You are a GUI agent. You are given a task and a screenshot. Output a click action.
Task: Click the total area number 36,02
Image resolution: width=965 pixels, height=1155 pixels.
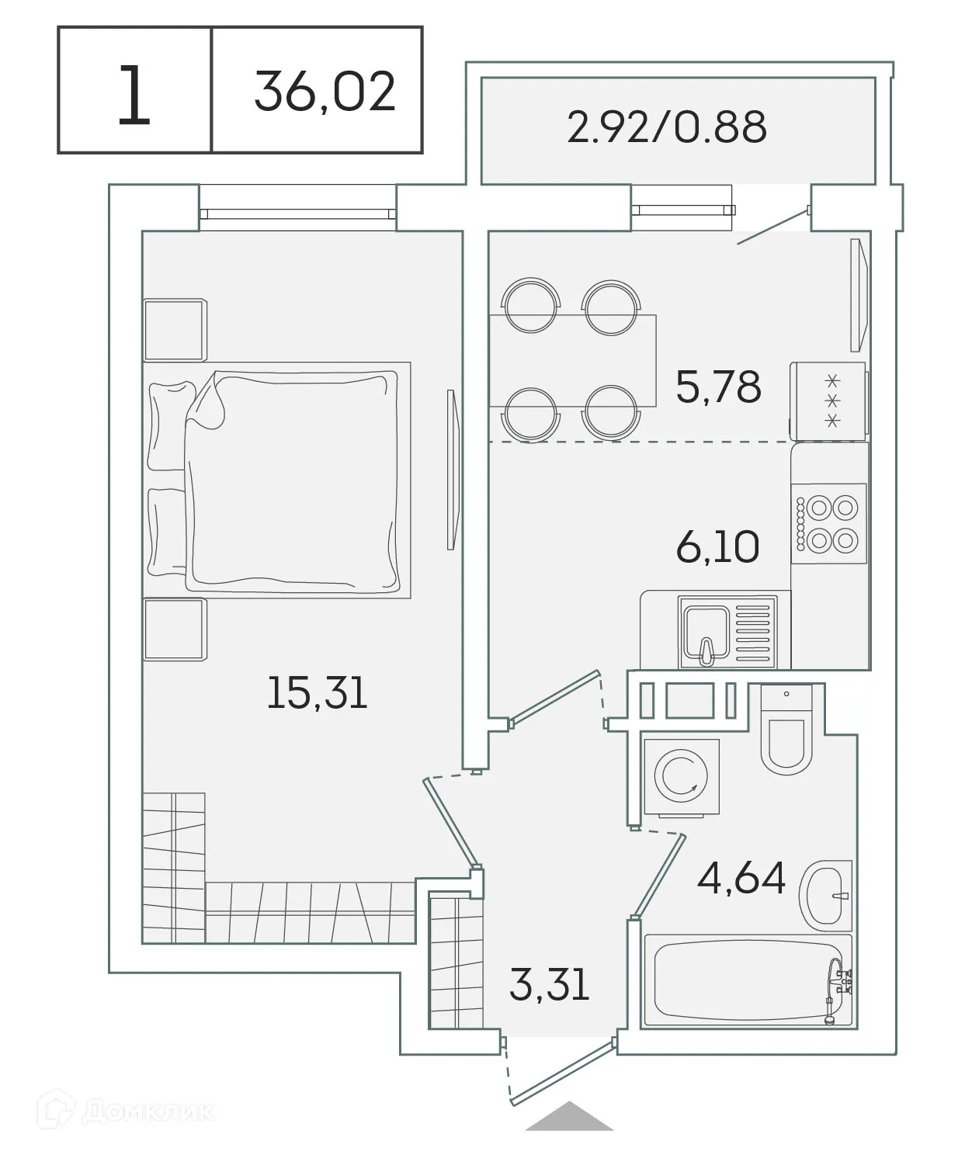[x=325, y=92]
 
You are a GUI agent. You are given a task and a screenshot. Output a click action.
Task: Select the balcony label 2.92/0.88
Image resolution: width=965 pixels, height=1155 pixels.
[x=667, y=127]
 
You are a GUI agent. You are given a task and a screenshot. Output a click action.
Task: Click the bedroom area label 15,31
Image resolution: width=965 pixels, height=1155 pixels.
[x=316, y=693]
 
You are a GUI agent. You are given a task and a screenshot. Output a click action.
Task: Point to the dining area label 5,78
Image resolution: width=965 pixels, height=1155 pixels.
[x=718, y=387]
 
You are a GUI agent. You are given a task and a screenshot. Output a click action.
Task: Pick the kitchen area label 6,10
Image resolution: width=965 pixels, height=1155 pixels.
[x=717, y=547]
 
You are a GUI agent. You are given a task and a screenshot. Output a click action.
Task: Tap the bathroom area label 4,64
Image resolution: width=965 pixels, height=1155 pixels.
[x=741, y=878]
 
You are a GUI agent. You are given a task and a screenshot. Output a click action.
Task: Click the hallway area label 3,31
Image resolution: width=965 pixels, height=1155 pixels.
[x=550, y=984]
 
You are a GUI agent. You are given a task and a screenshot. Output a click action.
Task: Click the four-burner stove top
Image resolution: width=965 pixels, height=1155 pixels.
[x=828, y=523]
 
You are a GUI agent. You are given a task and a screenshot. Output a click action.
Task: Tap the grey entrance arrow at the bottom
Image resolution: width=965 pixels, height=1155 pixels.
[x=569, y=1116]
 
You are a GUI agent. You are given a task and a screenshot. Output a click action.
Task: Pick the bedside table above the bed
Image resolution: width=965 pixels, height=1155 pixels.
[x=175, y=330]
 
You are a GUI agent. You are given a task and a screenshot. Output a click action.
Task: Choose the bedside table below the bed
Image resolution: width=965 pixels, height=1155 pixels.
[x=175, y=629]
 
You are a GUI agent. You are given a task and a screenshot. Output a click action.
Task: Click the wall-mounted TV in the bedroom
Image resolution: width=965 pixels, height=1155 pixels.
[x=452, y=469]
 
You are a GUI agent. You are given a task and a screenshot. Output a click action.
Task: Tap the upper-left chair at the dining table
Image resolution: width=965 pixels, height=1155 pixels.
[x=531, y=305]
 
